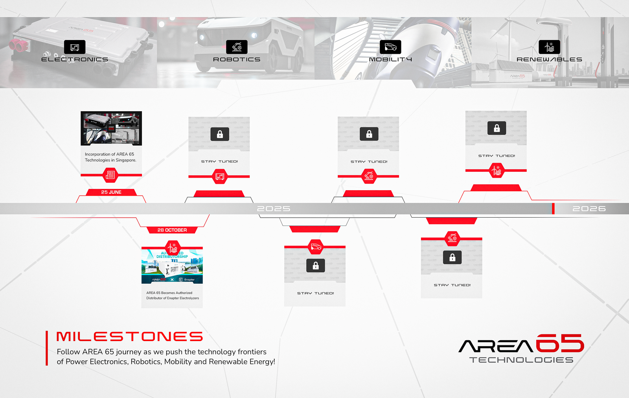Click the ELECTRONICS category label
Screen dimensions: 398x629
pos(75,59)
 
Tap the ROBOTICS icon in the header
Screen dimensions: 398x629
pos(237,47)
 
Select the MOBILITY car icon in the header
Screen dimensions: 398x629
pos(390,47)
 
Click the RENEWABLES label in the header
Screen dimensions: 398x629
pos(549,59)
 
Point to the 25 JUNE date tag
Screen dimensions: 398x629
pos(111,192)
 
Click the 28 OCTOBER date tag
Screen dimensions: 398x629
pos(172,230)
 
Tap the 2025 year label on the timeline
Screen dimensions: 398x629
pos(274,209)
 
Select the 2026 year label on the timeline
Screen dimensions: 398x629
pos(589,209)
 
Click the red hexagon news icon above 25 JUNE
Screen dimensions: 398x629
pos(110,175)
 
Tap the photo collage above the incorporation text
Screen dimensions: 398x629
pos(111,128)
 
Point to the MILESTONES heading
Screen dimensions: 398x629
pos(129,337)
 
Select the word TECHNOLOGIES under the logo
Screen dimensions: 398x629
pos(521,360)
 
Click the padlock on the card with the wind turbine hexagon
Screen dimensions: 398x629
pos(497,128)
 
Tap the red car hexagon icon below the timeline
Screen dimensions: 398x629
pos(316,247)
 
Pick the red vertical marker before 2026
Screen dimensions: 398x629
pos(553,209)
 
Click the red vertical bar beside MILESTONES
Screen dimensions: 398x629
pos(47,348)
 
